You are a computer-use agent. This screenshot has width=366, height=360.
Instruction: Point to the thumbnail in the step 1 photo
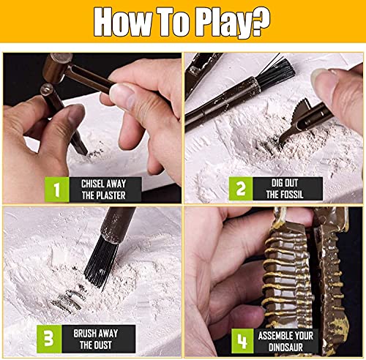tap(123, 96)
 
